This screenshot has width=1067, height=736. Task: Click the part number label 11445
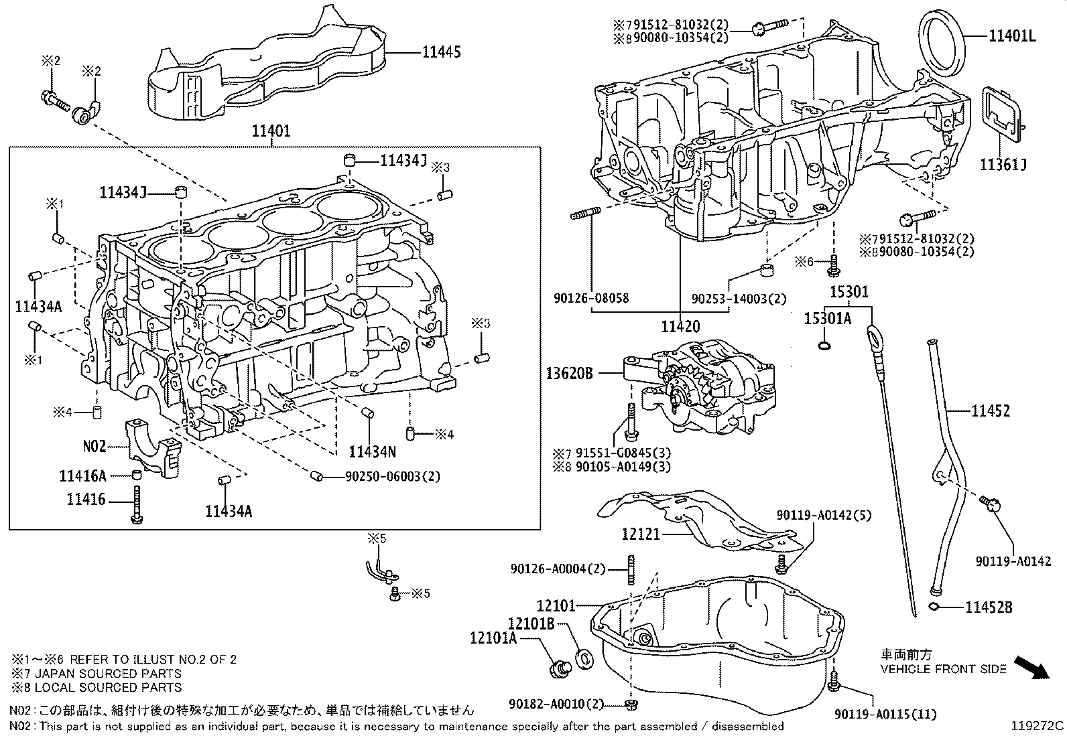pos(441,52)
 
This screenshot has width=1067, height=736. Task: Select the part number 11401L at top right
pos(1011,36)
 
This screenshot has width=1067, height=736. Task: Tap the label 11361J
pos(1003,165)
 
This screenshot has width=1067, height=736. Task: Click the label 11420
pos(680,327)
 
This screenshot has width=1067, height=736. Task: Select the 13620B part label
pos(569,374)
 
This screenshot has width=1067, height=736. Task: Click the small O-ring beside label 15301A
pos(825,346)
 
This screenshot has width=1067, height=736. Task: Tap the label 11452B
pos(989,607)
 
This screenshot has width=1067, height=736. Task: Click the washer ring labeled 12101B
pos(584,658)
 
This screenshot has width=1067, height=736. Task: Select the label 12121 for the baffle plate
pos(641,534)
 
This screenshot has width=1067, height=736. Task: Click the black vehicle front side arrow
pos(1030,667)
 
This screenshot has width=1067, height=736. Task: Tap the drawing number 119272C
pos(1038,725)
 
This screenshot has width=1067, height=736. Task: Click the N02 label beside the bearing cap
pos(95,446)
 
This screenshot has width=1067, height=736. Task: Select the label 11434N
pos(373,452)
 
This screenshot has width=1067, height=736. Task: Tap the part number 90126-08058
pos(592,298)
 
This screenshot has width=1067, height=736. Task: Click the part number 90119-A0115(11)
pos(885,714)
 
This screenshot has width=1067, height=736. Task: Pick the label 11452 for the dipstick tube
pos(991,411)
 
